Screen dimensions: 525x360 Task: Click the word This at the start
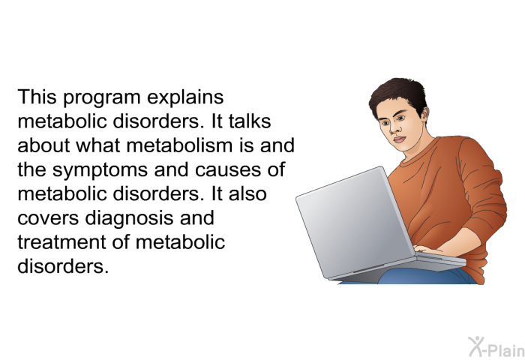click(37, 97)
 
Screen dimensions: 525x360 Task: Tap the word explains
click(185, 98)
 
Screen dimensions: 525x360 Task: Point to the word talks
click(250, 121)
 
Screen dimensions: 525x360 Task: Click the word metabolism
click(180, 145)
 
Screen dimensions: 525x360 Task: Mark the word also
click(247, 193)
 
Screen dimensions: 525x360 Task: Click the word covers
click(48, 219)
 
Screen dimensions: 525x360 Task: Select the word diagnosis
click(129, 219)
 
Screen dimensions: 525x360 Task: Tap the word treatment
click(61, 242)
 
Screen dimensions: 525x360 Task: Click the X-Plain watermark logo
click(496, 346)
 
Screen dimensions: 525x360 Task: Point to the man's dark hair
click(398, 94)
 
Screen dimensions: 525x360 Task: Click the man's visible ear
click(424, 115)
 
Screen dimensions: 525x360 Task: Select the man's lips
click(399, 139)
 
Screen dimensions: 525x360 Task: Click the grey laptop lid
click(355, 222)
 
